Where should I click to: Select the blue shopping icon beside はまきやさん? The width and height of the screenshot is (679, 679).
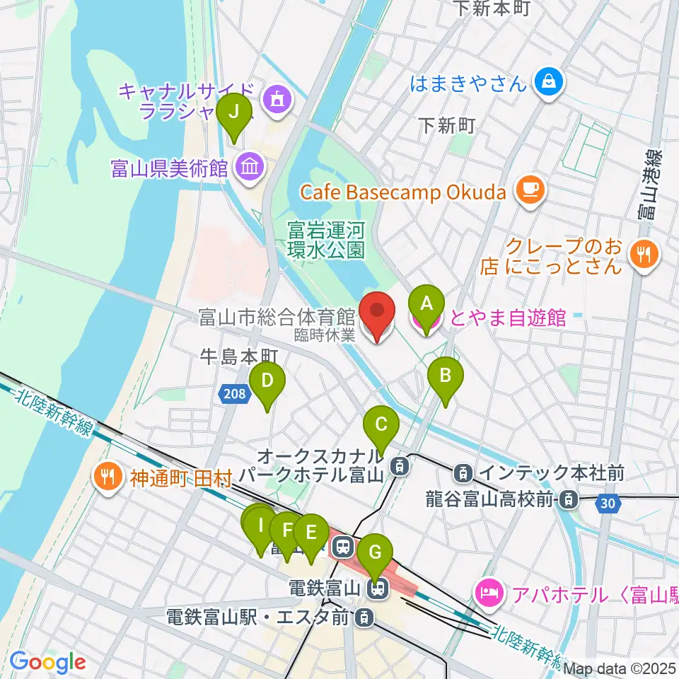pyautogui.click(x=549, y=82)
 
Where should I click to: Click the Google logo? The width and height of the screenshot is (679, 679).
pyautogui.click(x=48, y=662)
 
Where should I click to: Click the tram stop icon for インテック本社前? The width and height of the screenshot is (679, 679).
pyautogui.click(x=464, y=470)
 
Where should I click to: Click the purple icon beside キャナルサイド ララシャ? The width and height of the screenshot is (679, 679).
pyautogui.click(x=277, y=98)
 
